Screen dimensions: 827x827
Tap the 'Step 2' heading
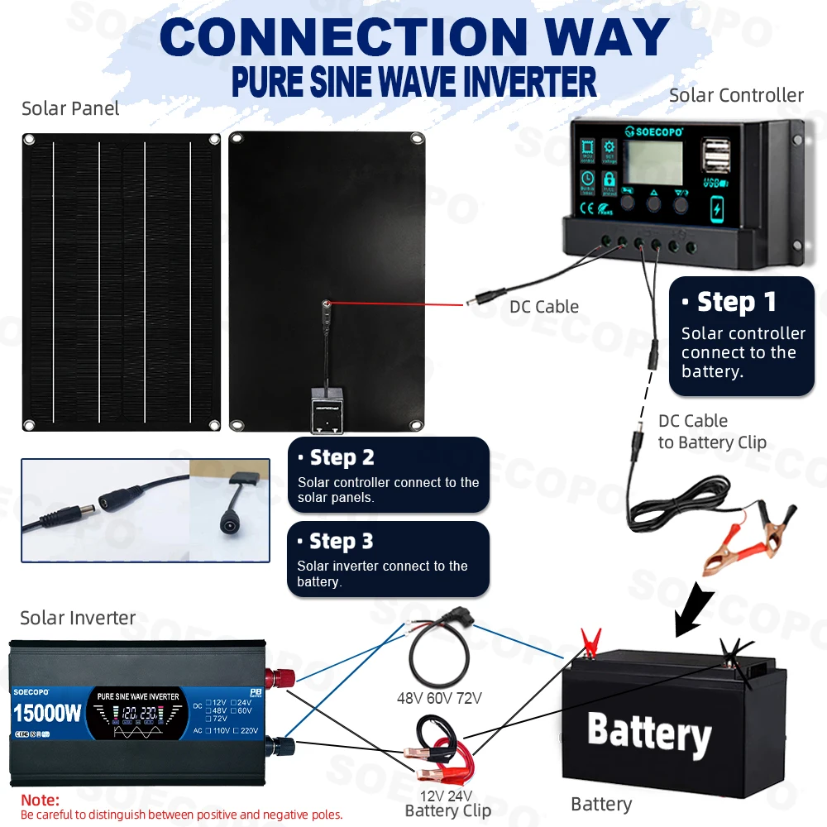tap(341, 457)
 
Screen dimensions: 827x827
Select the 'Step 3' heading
tap(340, 542)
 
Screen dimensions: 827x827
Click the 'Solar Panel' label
tap(70, 108)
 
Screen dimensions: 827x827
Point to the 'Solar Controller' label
tap(736, 95)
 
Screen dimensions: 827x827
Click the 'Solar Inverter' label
tap(78, 618)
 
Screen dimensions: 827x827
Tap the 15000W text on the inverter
tap(47, 712)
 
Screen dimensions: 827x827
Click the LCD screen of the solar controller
tap(653, 162)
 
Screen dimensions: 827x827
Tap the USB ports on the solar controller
tap(716, 157)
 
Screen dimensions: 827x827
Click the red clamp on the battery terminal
tap(590, 641)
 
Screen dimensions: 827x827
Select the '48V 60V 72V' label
tap(439, 698)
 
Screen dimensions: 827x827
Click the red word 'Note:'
tap(40, 800)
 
